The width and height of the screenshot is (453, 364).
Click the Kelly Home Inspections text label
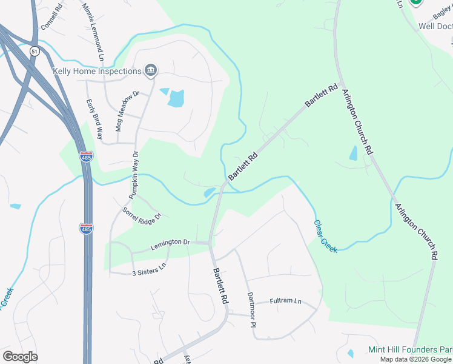point(98,72)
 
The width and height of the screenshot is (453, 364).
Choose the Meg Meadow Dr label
point(128,104)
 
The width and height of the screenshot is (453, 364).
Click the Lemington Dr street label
point(170,242)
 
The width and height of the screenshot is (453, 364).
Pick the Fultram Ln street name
point(285,300)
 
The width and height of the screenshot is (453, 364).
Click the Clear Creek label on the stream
point(325,236)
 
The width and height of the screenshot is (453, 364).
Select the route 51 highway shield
point(35,52)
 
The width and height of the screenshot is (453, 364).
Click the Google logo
point(20,357)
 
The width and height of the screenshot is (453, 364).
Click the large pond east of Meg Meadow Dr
point(176,98)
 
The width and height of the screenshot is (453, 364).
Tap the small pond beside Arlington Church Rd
point(354,153)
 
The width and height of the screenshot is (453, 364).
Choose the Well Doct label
point(435,26)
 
